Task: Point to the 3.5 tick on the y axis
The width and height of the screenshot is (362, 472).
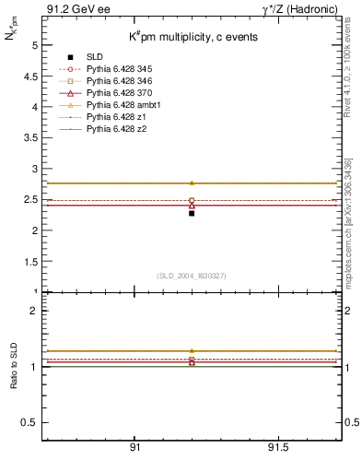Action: (x=32, y=138)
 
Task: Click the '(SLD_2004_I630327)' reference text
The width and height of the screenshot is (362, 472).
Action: (x=192, y=275)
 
